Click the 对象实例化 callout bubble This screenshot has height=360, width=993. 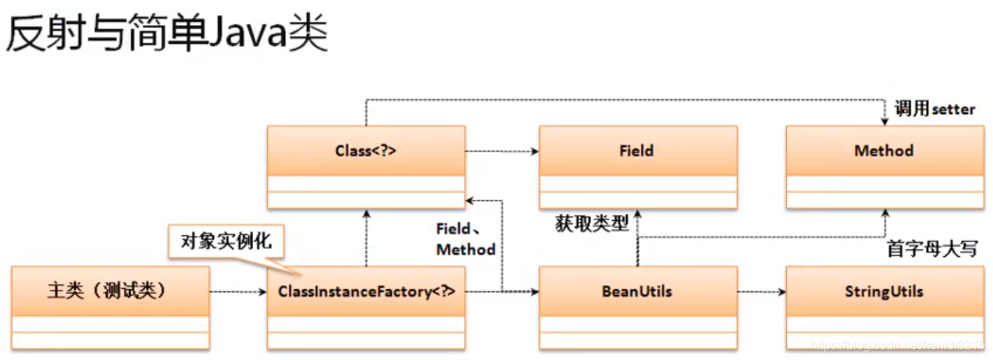click(226, 241)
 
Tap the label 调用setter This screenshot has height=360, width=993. click(934, 109)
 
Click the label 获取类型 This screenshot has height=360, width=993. click(592, 224)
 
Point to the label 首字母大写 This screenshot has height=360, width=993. click(931, 249)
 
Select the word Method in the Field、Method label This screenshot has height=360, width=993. click(465, 250)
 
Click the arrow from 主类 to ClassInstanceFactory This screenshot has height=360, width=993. click(238, 293)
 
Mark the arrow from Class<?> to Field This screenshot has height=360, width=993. click(501, 151)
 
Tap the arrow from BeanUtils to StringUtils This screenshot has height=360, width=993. click(761, 293)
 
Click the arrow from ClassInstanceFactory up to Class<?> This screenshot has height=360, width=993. click(365, 238)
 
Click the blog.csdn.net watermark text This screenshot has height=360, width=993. click(898, 344)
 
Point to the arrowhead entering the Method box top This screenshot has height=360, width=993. click(884, 120)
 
